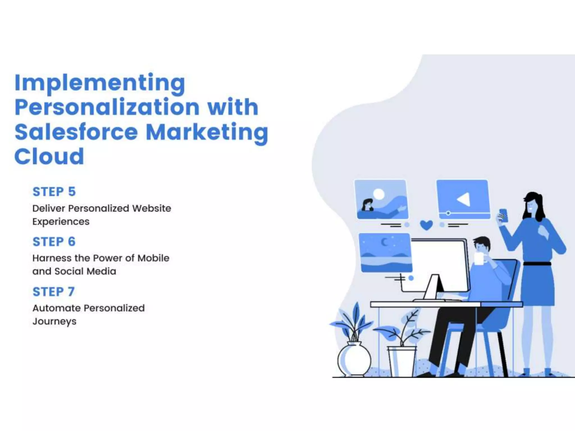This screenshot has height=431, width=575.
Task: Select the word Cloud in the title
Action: pyautogui.click(x=49, y=156)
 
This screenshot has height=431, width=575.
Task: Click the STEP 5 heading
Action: pyautogui.click(x=54, y=192)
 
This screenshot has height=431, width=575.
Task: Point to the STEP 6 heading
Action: pyautogui.click(x=54, y=242)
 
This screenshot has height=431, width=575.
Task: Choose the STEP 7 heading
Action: pyautogui.click(x=54, y=292)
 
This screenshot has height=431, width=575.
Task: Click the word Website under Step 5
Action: pyautogui.click(x=152, y=208)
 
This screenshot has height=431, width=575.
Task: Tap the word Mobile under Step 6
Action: pyautogui.click(x=153, y=258)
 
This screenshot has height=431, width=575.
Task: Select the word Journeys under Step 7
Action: pyautogui.click(x=54, y=321)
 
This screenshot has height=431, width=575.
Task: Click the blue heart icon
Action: pyautogui.click(x=426, y=225)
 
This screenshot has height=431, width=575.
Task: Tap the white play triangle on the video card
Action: pyautogui.click(x=464, y=199)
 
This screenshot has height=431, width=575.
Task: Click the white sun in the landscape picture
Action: pyautogui.click(x=378, y=194)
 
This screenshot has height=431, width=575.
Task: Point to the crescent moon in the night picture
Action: pyautogui.click(x=384, y=242)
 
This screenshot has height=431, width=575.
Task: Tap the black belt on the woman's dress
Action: pyautogui.click(x=537, y=264)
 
